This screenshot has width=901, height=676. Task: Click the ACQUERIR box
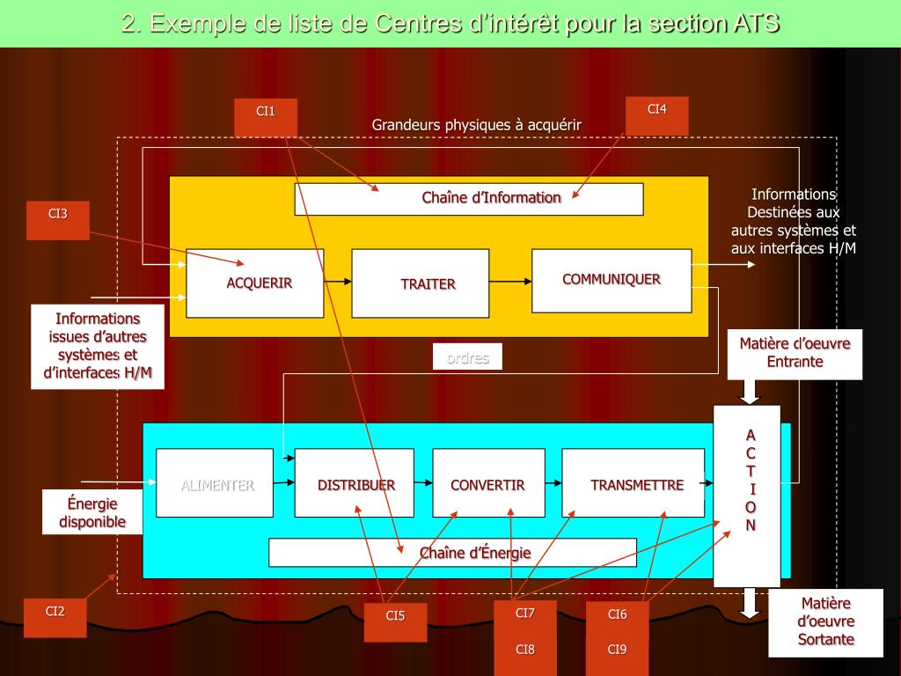[255, 283]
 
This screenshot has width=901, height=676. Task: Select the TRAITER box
[420, 283]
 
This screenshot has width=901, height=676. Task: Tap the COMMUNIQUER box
[612, 281]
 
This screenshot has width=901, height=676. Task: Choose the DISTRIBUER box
[354, 483]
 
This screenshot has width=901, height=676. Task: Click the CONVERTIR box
[488, 483]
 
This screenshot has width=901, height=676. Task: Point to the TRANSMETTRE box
[633, 483]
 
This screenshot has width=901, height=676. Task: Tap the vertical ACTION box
[747, 496]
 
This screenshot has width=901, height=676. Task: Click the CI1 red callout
[266, 117]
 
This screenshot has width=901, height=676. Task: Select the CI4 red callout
[656, 115]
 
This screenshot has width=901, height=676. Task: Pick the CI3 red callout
[58, 220]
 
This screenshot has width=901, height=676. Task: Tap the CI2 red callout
[55, 617]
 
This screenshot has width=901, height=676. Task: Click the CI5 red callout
[396, 622]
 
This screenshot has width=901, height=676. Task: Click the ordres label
[467, 356]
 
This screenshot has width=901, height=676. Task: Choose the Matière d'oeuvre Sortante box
[825, 623]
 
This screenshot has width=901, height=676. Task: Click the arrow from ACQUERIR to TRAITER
[338, 282]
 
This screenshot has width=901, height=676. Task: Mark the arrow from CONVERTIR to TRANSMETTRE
[553, 482]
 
